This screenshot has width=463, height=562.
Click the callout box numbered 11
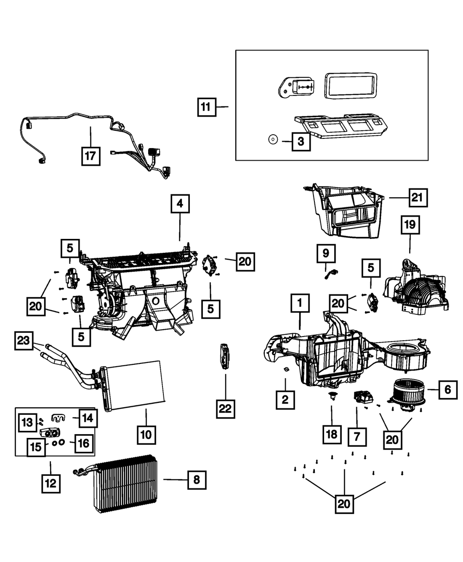click(x=206, y=107)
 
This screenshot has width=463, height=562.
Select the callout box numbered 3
click(x=301, y=140)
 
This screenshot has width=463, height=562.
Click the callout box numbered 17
click(x=90, y=156)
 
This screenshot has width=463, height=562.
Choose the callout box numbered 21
click(x=418, y=198)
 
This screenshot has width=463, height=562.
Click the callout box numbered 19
click(x=410, y=226)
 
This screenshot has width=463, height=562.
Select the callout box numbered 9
click(x=326, y=253)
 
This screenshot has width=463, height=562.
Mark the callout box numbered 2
click(x=285, y=399)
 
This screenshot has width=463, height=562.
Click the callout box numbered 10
click(x=146, y=435)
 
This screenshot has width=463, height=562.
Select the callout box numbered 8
click(x=197, y=480)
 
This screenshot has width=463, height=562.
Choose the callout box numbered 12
click(x=50, y=483)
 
